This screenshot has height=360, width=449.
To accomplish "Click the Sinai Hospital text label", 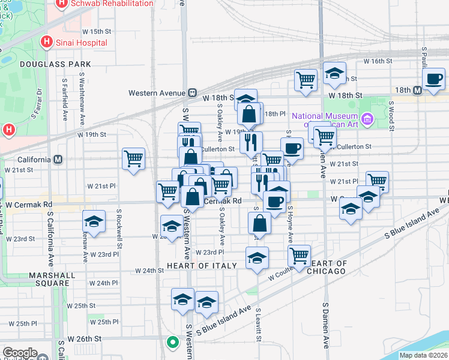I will [x=82, y=43].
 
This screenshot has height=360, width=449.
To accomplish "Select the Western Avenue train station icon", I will [x=193, y=93].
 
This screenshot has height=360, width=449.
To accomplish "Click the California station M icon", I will [x=58, y=160].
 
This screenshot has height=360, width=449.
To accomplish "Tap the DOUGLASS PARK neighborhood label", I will [x=55, y=64].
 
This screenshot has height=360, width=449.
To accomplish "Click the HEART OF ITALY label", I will [x=197, y=265].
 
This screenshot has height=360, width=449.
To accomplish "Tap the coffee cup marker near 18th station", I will [x=433, y=79].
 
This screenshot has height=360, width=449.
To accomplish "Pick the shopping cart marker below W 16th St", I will [x=306, y=79].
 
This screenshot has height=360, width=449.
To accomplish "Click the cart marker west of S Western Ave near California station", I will [x=133, y=159].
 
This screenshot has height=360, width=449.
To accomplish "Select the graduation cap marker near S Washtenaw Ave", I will [x=94, y=221].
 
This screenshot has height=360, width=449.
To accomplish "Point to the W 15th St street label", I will [x=97, y=31].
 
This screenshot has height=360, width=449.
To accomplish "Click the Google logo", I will [x=20, y=353].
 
